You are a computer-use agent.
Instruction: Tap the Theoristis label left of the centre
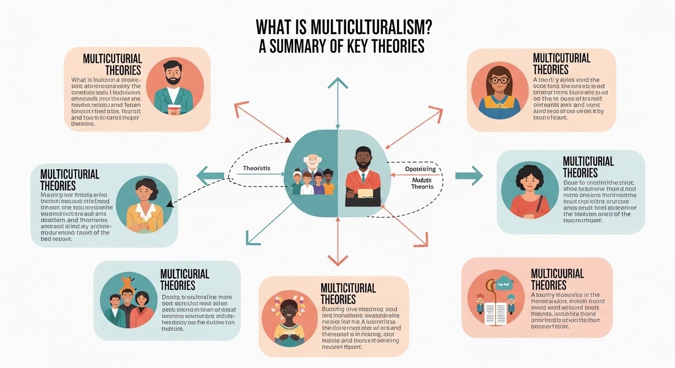tap(256, 168)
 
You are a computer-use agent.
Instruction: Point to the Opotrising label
tap(420, 169)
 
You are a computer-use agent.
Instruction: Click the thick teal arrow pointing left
tap(210, 175)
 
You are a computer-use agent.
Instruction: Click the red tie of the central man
tap(363, 178)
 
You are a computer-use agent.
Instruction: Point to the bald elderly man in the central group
tap(312, 163)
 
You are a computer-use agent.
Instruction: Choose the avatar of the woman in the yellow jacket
tap(144, 206)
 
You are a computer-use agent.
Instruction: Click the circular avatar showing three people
tap(128, 300)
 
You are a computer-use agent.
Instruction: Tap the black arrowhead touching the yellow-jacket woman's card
tap(169, 204)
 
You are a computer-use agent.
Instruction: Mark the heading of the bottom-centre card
tap(348, 293)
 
